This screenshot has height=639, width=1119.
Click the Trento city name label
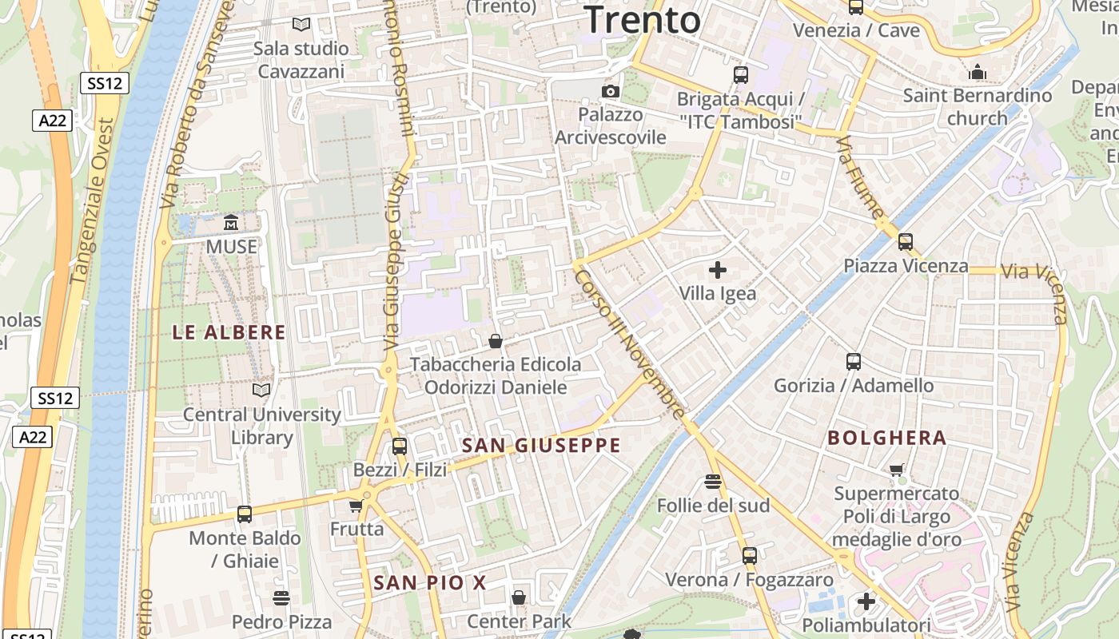pyautogui.click(x=643, y=19)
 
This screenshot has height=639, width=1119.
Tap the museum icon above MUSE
pyautogui.click(x=232, y=223)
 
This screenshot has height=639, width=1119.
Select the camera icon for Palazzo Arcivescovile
pyautogui.click(x=611, y=91)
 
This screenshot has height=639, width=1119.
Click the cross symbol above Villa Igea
pyautogui.click(x=718, y=270)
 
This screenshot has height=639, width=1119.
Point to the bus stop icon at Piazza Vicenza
pyautogui.click(x=906, y=241)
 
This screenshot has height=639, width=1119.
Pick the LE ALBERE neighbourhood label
pyautogui.click(x=229, y=332)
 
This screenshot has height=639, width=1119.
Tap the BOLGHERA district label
pyautogui.click(x=887, y=438)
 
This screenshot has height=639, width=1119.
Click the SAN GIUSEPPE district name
pyautogui.click(x=541, y=446)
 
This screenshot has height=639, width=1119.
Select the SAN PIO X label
pyautogui.click(x=430, y=583)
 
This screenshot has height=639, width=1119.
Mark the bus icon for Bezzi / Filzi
pyautogui.click(x=400, y=447)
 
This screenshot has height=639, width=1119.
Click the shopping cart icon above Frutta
pyautogui.click(x=356, y=506)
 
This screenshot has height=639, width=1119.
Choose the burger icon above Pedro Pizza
pyautogui.click(x=281, y=597)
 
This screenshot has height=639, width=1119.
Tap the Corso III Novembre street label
pyautogui.click(x=630, y=343)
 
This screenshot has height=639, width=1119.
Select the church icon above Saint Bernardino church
pyautogui.click(x=978, y=73)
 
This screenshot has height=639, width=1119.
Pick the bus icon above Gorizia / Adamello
pyautogui.click(x=854, y=362)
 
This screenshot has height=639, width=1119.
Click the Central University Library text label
pyautogui.click(x=262, y=426)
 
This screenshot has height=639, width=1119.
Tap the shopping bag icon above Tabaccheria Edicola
pyautogui.click(x=496, y=341)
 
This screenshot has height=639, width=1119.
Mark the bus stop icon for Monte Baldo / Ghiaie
pyautogui.click(x=245, y=514)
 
